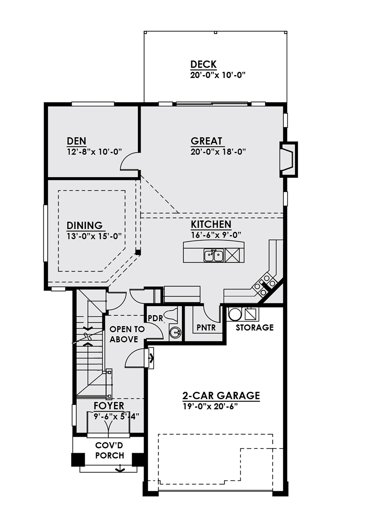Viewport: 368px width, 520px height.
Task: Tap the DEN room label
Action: pyautogui.click(x=76, y=141)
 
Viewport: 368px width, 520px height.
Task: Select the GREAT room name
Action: pyautogui.click(x=206, y=141)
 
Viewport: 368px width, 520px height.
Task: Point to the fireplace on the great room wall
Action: pyautogui.click(x=288, y=159)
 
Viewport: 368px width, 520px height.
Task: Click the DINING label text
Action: pyautogui.click(x=85, y=226)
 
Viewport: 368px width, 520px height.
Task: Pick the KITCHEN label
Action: pyautogui.click(x=211, y=225)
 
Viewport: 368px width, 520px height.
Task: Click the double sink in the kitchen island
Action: pyautogui.click(x=214, y=255)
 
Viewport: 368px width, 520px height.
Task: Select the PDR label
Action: pyautogui.click(x=155, y=318)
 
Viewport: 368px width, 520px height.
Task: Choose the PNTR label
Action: pyautogui.click(x=206, y=328)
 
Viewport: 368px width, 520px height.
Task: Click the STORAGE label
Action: pyautogui.click(x=255, y=328)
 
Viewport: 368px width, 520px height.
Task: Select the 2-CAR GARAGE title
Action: pyautogui.click(x=221, y=396)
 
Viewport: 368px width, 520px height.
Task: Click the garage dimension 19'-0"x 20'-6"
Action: pyautogui.click(x=211, y=407)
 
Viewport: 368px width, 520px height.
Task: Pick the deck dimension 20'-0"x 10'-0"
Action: pyautogui.click(x=218, y=75)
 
